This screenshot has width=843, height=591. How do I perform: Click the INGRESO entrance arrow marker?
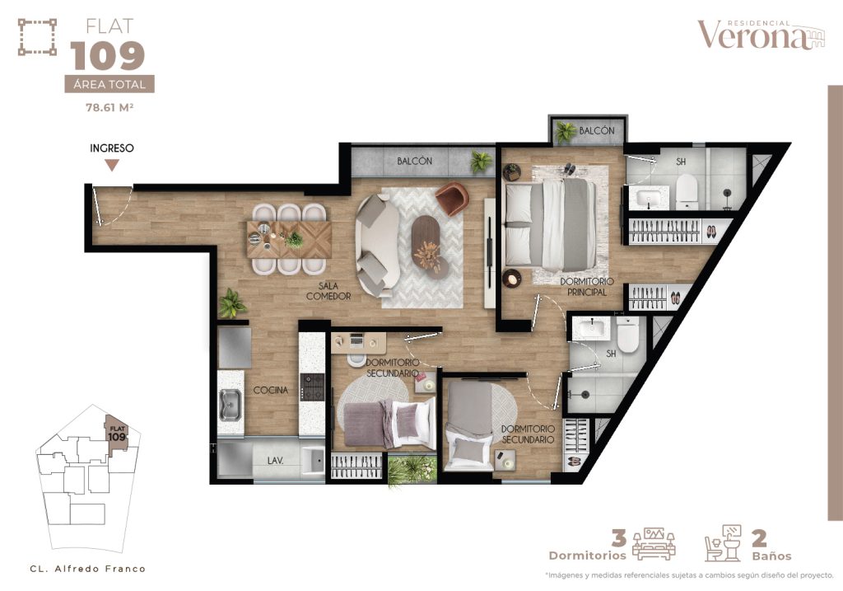(112, 165)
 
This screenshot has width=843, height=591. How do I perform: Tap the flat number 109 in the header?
(108, 56)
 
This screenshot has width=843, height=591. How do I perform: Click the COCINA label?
(270, 390)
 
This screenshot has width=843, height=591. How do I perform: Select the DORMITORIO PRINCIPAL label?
(583, 286)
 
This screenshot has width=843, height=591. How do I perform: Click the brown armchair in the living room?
(451, 199)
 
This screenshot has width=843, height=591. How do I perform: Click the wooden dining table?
(289, 240)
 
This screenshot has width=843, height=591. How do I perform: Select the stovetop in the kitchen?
(312, 386)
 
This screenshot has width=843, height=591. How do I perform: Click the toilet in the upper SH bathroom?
(687, 191)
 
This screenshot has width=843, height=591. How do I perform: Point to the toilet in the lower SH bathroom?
(627, 334)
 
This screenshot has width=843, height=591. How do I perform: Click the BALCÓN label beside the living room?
(414, 161)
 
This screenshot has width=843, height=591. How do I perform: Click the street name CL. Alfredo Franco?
(87, 569)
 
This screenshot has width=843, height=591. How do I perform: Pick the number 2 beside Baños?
(760, 538)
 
